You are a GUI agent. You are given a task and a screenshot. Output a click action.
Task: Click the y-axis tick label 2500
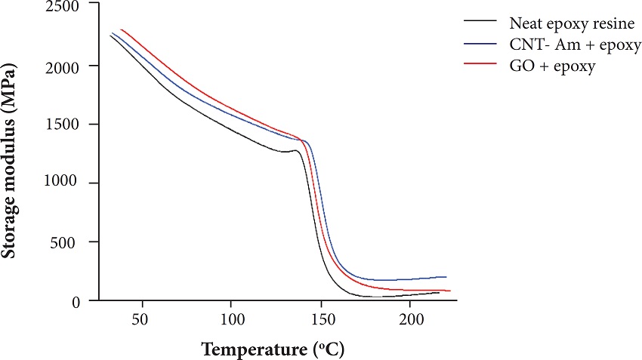click(63, 8)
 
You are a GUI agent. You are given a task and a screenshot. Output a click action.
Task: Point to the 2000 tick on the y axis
click(63, 66)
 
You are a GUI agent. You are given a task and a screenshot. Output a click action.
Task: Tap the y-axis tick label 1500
click(63, 125)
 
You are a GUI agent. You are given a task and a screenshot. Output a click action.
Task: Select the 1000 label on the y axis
click(63, 183)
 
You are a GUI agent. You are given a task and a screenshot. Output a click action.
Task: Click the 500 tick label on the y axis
click(68, 242)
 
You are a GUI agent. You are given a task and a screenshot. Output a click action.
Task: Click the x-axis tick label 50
click(141, 319)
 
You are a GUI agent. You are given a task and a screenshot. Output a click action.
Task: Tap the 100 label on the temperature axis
click(231, 319)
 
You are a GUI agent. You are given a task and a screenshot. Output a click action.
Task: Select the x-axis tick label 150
click(320, 319)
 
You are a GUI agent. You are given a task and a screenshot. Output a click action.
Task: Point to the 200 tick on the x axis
click(410, 319)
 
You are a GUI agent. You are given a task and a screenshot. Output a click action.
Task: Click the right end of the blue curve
click(446, 277)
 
